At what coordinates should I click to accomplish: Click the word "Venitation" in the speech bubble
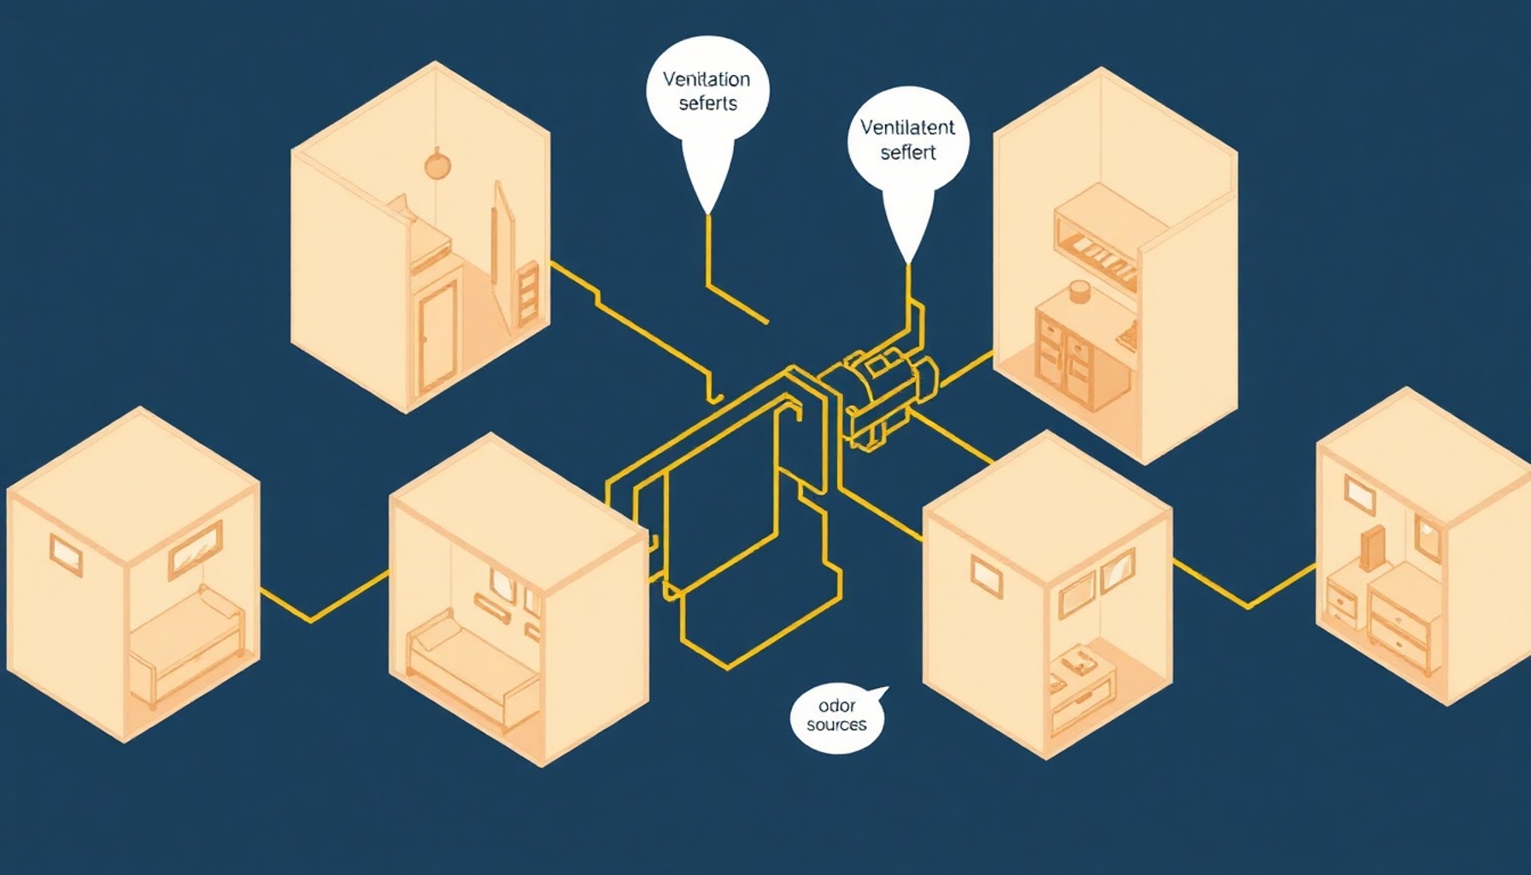[707, 79]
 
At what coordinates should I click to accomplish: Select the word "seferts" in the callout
[707, 103]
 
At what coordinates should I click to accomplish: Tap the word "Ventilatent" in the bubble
[907, 127]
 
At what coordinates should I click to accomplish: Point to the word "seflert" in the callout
[908, 152]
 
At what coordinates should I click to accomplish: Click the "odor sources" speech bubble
[838, 719]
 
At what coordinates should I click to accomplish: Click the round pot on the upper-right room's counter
[1079, 292]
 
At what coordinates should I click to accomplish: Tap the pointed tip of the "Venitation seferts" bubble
[707, 213]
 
